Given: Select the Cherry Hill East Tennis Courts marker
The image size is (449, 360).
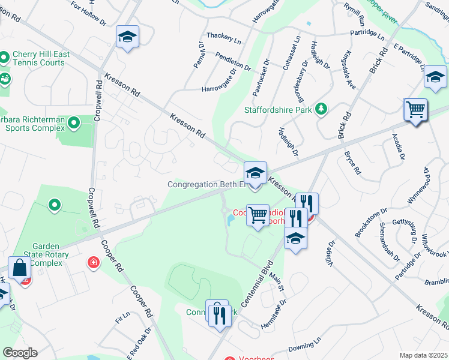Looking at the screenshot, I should pyautogui.click(x=5, y=58).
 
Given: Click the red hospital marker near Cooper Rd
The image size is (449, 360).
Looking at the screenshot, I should pyautogui.click(x=93, y=262).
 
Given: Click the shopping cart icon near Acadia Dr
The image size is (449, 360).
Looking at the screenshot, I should pyautogui.click(x=415, y=110).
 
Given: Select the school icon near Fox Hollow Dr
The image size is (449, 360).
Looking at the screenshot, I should pyautogui.click(x=127, y=38).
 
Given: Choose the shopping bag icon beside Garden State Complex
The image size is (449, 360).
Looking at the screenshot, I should pyautogui.click(x=20, y=268).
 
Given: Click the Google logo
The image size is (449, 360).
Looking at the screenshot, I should pyautogui.click(x=20, y=353).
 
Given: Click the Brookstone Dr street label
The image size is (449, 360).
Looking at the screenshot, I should pyautogui.click(x=370, y=223).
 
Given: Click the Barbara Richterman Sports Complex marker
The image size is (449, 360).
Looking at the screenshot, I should pyautogui.click(x=74, y=124).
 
